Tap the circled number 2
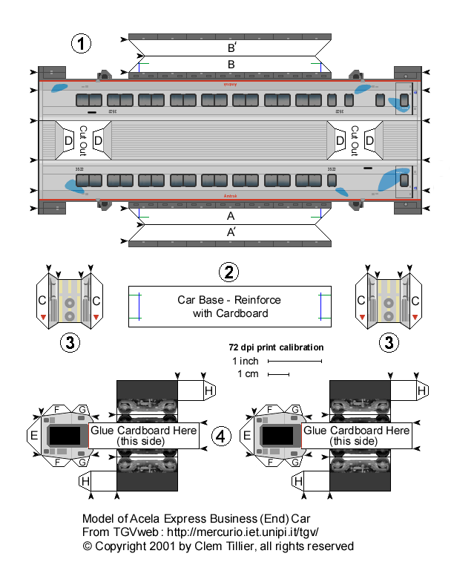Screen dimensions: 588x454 click(x=229, y=272)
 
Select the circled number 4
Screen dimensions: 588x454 click(x=219, y=437)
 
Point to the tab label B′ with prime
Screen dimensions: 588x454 click(x=231, y=47)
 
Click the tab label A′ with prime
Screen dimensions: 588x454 click(x=231, y=232)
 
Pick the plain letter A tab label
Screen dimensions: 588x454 click(x=231, y=216)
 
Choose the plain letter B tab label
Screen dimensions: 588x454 click(x=231, y=65)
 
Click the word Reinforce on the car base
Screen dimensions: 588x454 click(x=258, y=300)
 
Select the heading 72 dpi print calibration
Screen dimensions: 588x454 click(x=275, y=347)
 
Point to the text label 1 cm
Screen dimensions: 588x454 click(x=248, y=374)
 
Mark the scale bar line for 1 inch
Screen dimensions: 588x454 click(x=295, y=362)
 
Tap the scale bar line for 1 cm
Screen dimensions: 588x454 click(x=279, y=375)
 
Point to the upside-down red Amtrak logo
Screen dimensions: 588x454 click(x=230, y=85)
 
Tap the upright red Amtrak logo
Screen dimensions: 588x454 click(x=230, y=196)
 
